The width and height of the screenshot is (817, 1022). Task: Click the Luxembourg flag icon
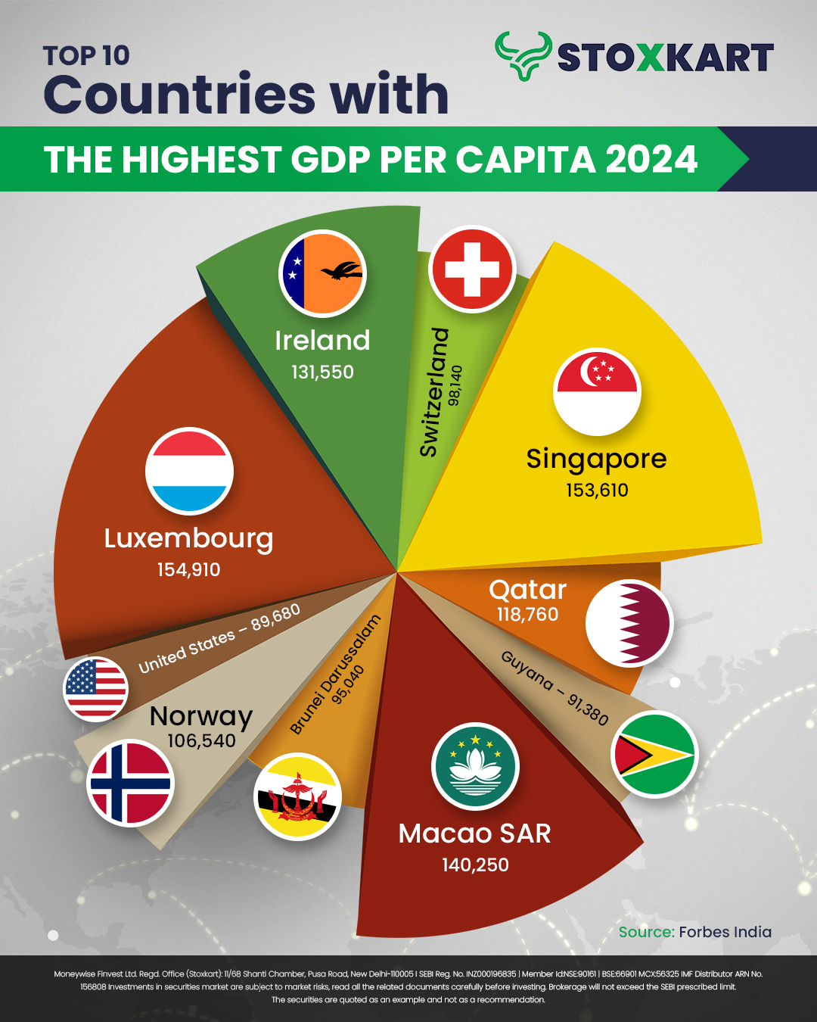pos(189,471)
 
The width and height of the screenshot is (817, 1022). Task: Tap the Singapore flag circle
pos(597,391)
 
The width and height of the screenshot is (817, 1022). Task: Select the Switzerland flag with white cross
pos(472,269)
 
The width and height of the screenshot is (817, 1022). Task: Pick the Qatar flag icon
pos(629,623)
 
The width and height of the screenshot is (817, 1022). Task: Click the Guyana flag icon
pos(654,755)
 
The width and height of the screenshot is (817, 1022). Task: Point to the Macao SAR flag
pos(475,766)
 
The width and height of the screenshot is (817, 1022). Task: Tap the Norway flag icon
pos(130,783)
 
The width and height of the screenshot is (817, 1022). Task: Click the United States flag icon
pos(96,688)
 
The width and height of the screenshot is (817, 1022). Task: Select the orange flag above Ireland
pos(323,273)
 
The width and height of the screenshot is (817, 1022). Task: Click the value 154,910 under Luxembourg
pos(188,570)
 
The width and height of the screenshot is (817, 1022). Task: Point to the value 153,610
pos(597,491)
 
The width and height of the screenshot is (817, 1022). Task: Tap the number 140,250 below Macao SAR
pos(475,865)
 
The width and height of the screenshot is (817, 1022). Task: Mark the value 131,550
pos(322,372)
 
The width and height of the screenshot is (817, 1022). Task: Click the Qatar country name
pos(527,590)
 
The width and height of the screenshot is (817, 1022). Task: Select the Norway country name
pos(201,715)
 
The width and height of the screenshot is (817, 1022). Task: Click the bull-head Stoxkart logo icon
pos(523,55)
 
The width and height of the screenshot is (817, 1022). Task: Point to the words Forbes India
pos(725,932)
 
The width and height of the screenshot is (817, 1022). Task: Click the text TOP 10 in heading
pos(86,56)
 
